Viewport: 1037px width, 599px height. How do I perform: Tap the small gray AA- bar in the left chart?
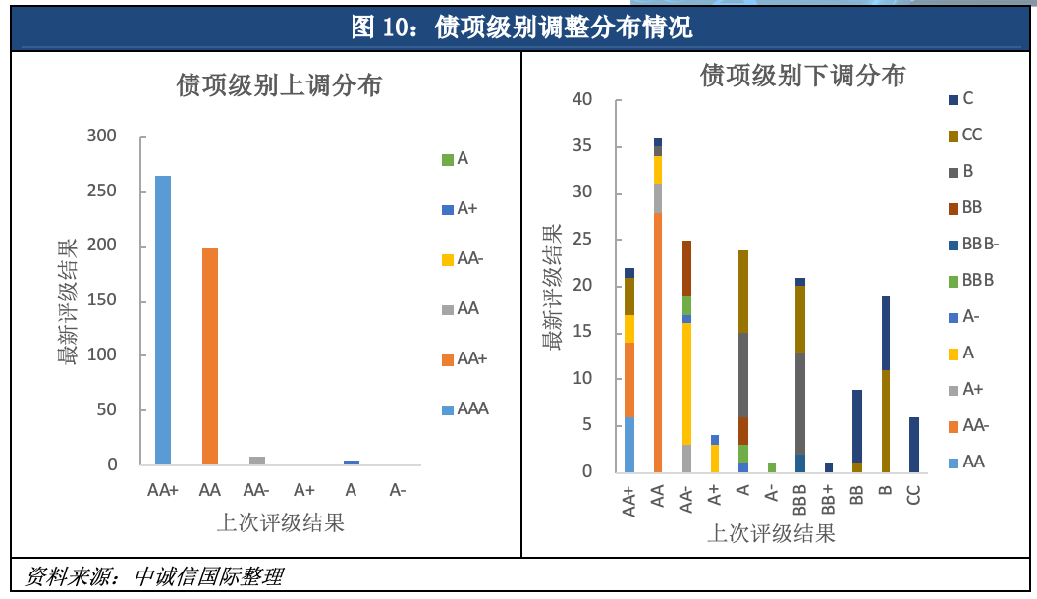(x=257, y=461)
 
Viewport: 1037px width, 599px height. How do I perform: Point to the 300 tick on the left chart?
(x=102, y=136)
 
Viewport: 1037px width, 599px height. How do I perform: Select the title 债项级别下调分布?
(x=802, y=75)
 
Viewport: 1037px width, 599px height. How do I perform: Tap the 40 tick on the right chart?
(x=582, y=99)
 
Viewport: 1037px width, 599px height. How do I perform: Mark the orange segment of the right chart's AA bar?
(x=657, y=343)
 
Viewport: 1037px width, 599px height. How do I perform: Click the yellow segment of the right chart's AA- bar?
(x=685, y=384)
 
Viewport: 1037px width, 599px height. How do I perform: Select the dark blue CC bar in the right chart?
(x=913, y=445)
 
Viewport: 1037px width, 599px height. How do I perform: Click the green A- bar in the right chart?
(x=771, y=467)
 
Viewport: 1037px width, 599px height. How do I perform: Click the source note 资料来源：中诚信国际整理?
(x=154, y=575)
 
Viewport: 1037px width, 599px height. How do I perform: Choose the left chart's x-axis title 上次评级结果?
(x=280, y=522)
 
